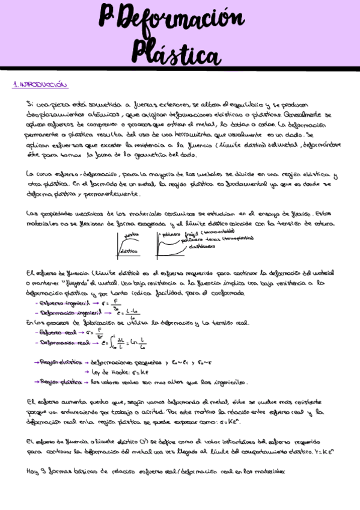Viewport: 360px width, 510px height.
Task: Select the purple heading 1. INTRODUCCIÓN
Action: (40, 85)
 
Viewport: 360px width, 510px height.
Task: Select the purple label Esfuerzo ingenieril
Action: (60, 303)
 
